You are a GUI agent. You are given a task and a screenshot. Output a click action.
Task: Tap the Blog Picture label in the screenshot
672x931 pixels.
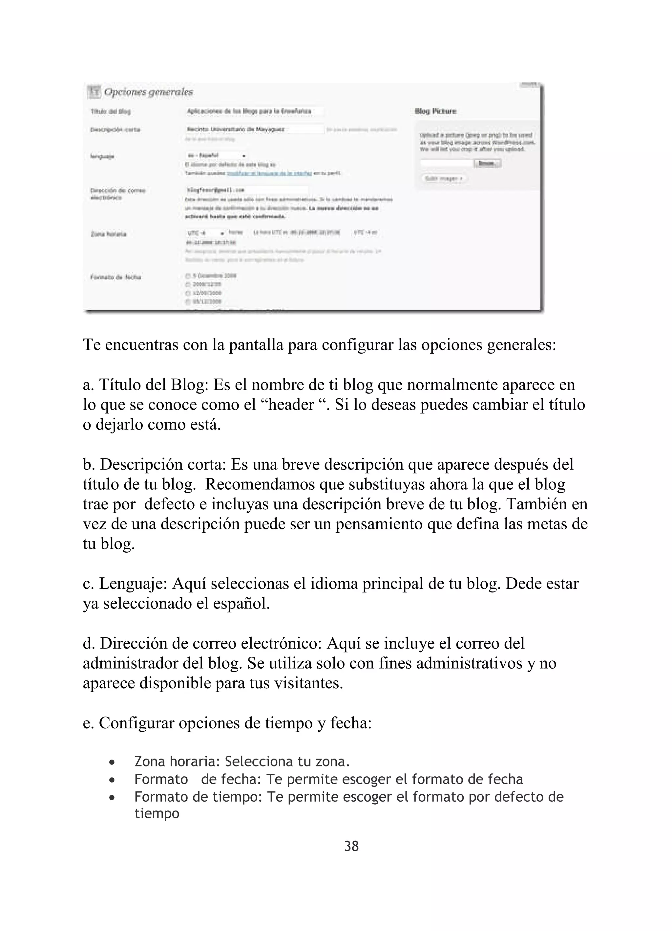click(435, 111)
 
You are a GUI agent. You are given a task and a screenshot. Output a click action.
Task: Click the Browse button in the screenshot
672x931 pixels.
click(487, 164)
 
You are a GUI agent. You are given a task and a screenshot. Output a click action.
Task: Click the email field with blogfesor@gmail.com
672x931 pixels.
click(246, 190)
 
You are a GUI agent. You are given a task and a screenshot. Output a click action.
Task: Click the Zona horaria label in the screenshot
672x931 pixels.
click(108, 234)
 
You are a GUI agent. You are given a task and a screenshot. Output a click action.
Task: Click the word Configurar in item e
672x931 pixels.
click(136, 723)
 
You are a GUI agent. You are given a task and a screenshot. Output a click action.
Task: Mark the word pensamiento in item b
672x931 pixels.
click(378, 524)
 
